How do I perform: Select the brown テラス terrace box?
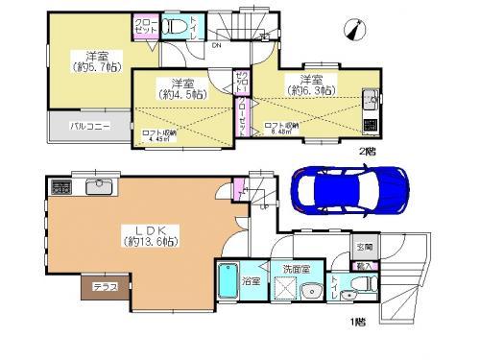100,286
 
